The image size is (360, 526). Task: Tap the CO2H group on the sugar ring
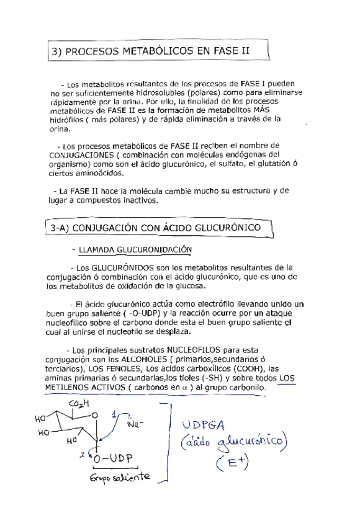click(x=78, y=404)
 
